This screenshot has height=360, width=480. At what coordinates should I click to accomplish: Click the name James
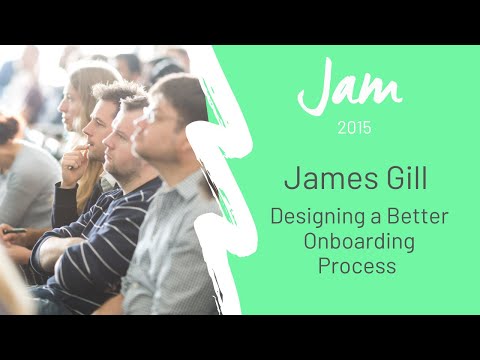point(319,179)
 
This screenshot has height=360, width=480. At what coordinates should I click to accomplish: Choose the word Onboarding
point(357,242)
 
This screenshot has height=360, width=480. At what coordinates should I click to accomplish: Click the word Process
point(357,267)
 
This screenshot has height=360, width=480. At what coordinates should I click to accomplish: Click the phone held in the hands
point(14,231)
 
